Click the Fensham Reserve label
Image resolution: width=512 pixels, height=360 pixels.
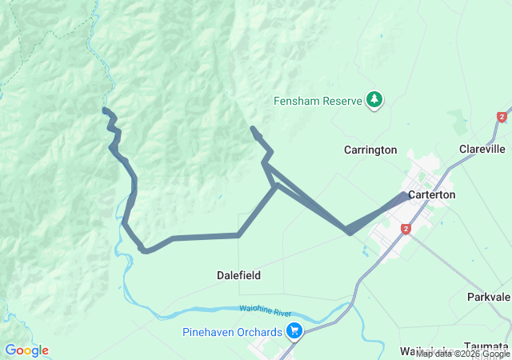point(318,101)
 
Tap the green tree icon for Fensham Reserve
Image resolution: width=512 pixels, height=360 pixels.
point(374,99)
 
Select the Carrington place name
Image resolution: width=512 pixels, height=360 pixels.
point(370,150)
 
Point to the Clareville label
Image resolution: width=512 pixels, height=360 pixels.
point(482,149)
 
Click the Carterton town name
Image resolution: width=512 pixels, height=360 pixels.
point(431,194)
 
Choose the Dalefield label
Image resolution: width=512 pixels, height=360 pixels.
point(238,275)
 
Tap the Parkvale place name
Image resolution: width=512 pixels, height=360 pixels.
point(489,297)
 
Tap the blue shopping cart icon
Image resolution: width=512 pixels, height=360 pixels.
point(294,330)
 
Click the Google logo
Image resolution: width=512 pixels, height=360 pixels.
point(26,350)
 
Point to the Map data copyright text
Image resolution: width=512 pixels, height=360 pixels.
point(462,354)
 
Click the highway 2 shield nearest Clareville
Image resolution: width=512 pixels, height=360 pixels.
point(502,118)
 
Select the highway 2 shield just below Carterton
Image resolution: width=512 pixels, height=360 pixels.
point(406,229)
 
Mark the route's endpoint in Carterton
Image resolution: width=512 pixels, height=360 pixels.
point(406,194)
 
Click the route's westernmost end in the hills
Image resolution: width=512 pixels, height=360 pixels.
point(105,110)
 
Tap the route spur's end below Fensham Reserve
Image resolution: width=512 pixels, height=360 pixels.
point(253,128)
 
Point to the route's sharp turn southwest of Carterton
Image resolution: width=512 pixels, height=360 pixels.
point(349,232)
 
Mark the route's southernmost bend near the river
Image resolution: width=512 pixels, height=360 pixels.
point(145,250)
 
